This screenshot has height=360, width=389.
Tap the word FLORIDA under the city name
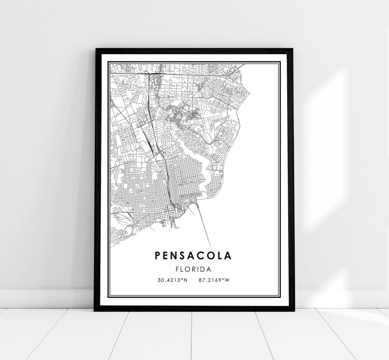pyautogui.click(x=193, y=269)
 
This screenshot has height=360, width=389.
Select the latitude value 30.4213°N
pyautogui.click(x=172, y=280)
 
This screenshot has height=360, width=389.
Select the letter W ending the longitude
pyautogui.click(x=227, y=280)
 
